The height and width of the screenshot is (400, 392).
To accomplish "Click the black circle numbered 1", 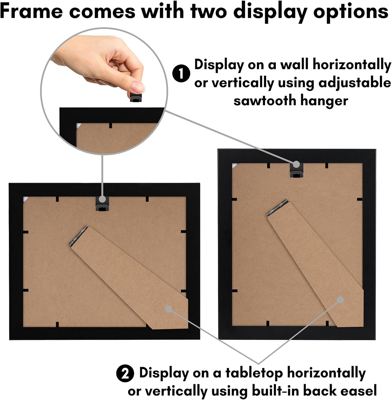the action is (181, 73).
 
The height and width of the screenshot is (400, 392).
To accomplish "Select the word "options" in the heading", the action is (351, 12).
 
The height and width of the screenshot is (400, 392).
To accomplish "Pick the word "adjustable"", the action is (354, 83).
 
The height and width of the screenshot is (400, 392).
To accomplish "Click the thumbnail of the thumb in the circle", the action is (137, 86).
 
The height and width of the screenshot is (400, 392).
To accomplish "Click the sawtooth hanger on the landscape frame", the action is (102, 205).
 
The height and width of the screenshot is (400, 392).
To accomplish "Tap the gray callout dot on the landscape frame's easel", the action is (169, 309).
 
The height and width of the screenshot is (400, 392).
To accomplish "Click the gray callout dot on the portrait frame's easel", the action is (340, 300).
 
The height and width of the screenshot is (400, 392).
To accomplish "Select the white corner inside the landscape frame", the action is (26, 199).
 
